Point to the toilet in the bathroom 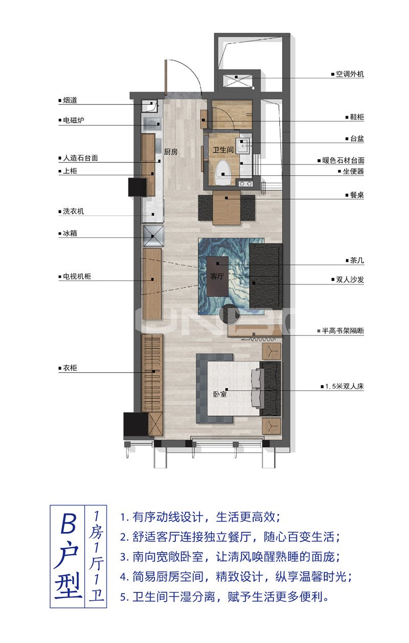(222, 171)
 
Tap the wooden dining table (226, 207)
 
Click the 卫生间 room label (223, 150)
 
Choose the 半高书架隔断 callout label (343, 331)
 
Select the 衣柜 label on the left (70, 368)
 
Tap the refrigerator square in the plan (153, 235)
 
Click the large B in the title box (68, 522)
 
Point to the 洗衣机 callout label (73, 211)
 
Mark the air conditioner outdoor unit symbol (237, 80)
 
